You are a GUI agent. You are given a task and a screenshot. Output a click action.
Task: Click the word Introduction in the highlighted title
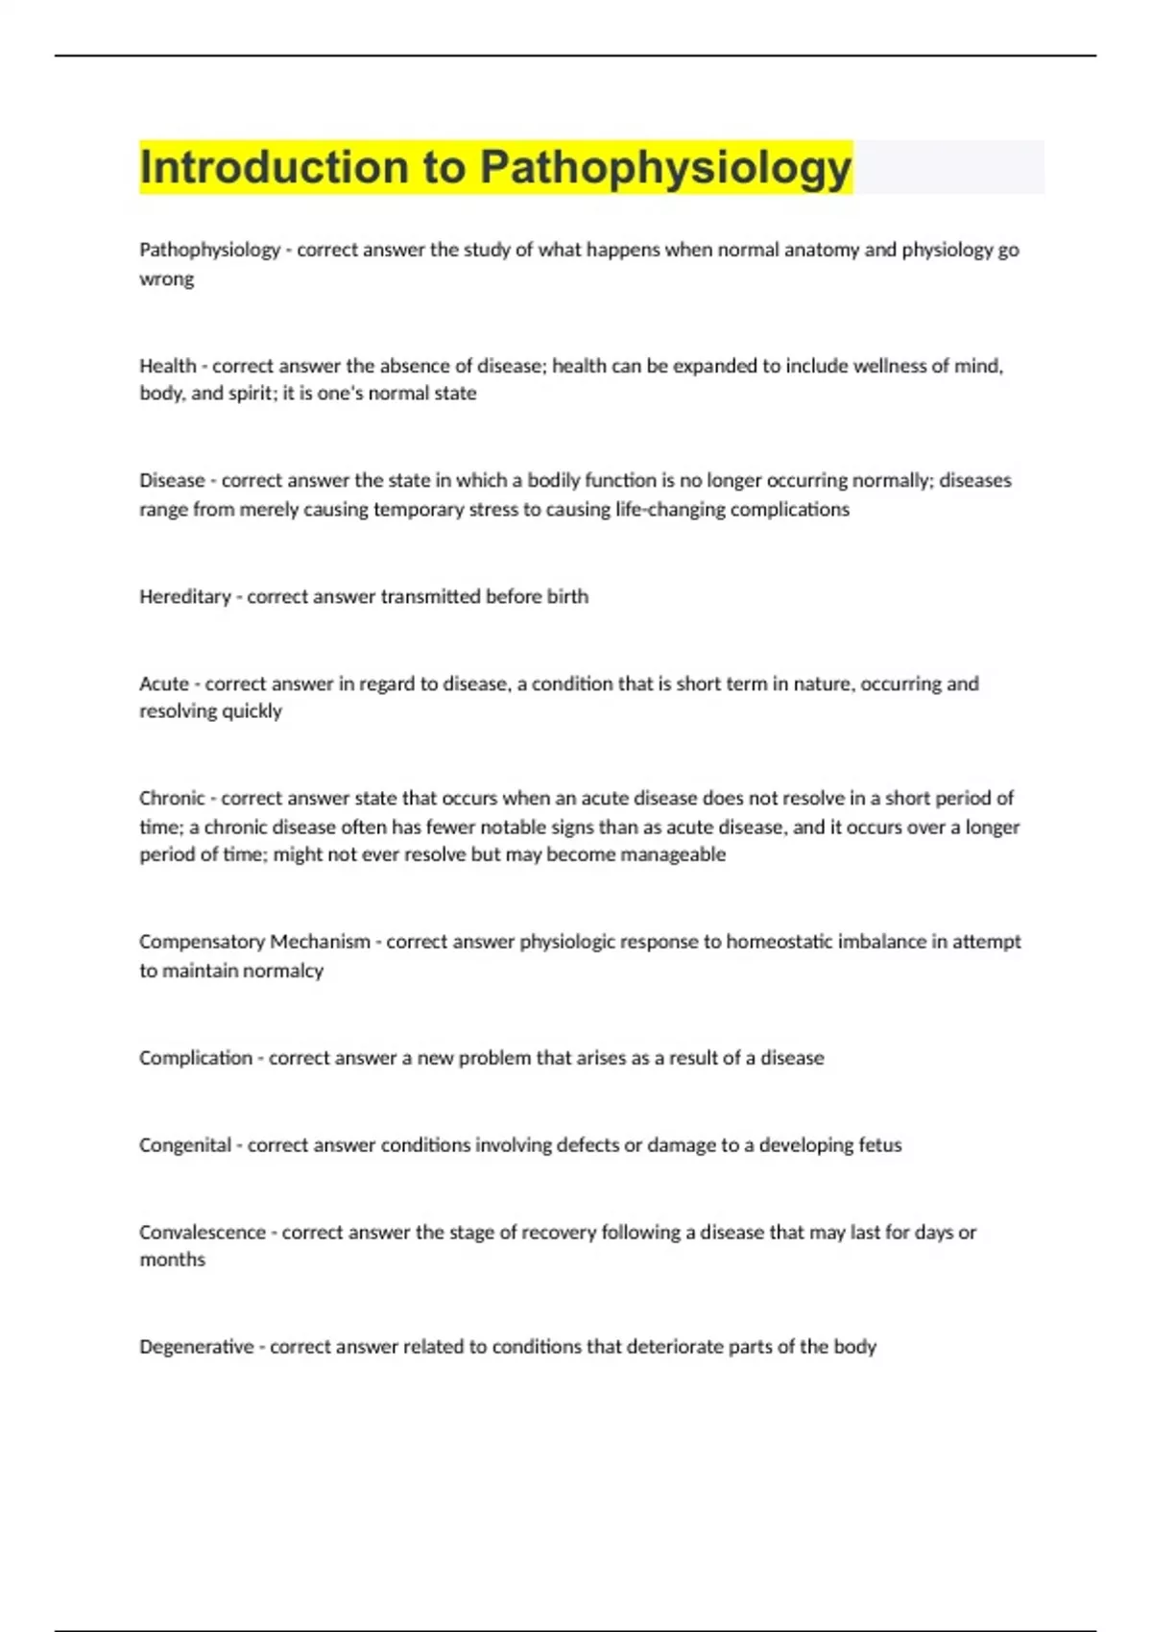click(274, 167)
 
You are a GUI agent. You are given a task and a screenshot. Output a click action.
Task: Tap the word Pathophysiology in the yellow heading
click(665, 169)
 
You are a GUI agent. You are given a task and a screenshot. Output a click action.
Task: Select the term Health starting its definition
click(167, 366)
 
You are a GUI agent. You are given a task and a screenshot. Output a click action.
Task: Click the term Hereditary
click(185, 597)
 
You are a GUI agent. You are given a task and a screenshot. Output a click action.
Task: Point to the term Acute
click(164, 684)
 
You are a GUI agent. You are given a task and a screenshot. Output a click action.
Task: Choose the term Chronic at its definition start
click(172, 799)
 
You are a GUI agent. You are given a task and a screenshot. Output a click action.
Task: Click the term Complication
click(196, 1058)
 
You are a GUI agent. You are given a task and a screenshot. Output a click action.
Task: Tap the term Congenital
click(185, 1145)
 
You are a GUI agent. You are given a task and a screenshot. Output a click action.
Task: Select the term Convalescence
click(203, 1233)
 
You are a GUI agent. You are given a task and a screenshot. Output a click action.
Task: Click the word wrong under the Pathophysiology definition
click(166, 279)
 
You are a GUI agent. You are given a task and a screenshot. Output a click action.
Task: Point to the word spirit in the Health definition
click(249, 394)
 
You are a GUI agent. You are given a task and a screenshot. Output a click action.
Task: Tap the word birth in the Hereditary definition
click(567, 597)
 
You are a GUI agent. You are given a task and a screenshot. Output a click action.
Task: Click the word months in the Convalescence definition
click(172, 1260)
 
